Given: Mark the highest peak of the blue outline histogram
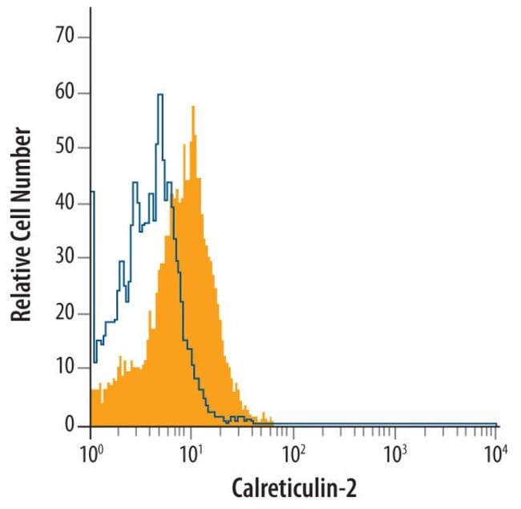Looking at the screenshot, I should [x=160, y=95].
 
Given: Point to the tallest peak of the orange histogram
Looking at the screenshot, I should [x=192, y=108].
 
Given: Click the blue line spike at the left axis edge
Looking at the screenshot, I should [x=92, y=192].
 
